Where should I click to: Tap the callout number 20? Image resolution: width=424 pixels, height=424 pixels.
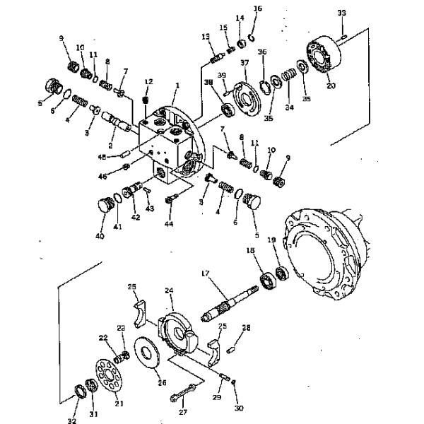coord(330,86)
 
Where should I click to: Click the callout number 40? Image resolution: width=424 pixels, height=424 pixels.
coord(100,235)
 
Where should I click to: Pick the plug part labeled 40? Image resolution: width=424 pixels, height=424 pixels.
coord(105,207)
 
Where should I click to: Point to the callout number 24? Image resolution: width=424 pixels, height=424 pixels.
coord(169,290)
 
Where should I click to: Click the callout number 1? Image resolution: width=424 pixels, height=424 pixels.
coord(177,86)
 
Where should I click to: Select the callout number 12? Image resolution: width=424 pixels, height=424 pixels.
coord(148,83)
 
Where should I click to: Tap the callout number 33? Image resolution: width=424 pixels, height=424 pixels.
coord(341,13)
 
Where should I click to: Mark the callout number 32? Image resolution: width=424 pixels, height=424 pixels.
coord(71,421)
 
